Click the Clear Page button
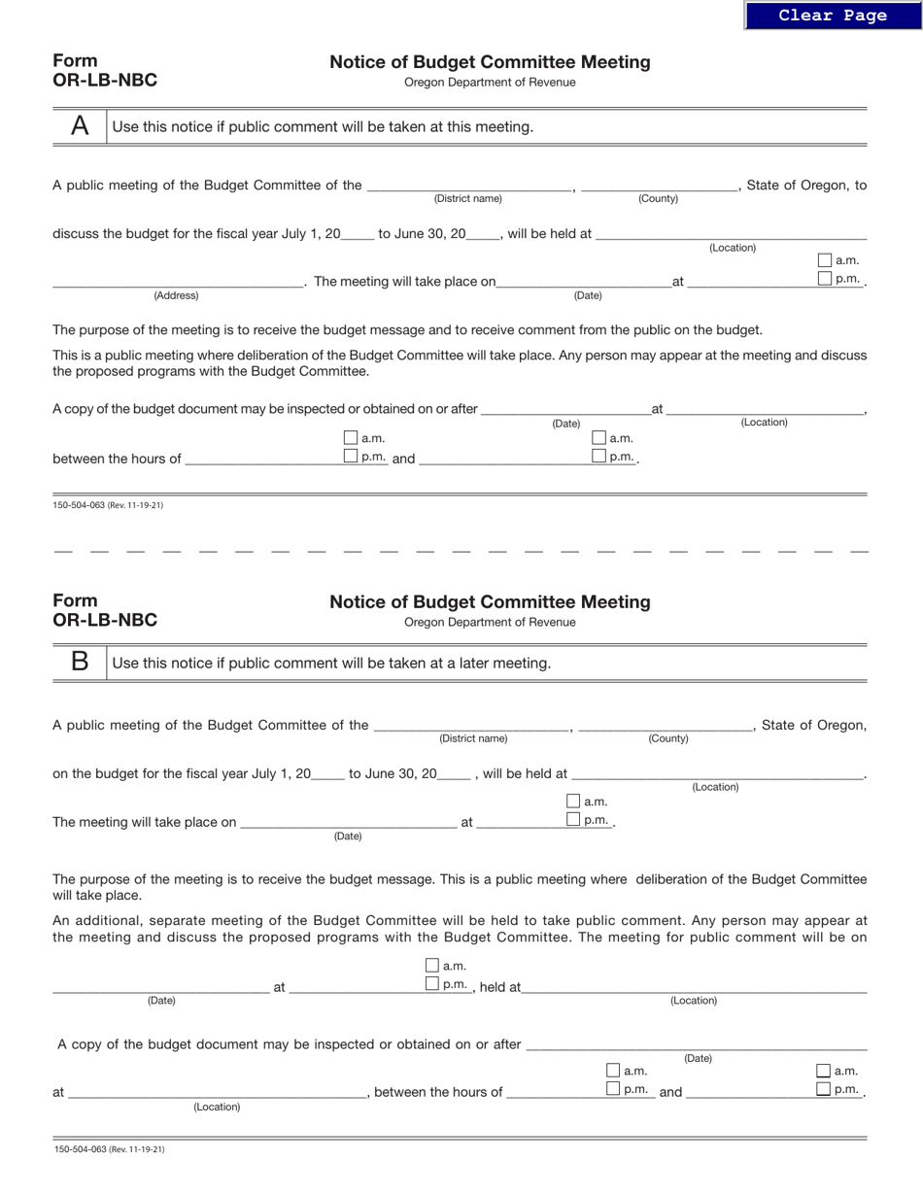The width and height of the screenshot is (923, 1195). tap(832, 16)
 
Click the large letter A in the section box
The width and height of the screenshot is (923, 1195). tap(80, 126)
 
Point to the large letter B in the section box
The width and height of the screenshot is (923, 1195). tap(80, 663)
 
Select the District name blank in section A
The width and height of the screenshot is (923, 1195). tap(468, 185)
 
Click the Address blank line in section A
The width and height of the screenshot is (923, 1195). tap(177, 282)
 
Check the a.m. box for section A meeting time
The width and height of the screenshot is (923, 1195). tap(825, 260)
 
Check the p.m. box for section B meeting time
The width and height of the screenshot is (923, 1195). tap(573, 820)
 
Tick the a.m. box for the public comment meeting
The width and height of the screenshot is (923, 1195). tap(432, 966)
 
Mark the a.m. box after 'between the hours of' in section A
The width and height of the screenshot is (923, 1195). tap(351, 438)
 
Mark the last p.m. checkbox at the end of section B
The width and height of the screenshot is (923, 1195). tap(824, 1089)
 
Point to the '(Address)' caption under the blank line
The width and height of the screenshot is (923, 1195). tap(176, 295)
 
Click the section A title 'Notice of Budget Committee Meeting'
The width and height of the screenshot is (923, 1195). tap(490, 62)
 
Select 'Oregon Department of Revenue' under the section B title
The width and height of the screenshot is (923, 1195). tap(490, 622)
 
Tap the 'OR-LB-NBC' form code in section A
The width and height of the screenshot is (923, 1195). tap(105, 81)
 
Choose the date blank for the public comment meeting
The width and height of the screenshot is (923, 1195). tap(160, 986)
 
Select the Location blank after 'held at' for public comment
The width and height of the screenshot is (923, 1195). tap(694, 986)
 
